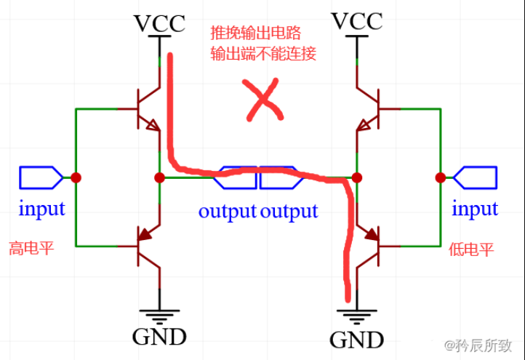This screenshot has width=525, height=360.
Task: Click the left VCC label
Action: [x=159, y=23]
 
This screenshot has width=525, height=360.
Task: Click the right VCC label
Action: [x=356, y=21]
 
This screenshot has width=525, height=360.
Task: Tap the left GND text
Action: [x=159, y=337]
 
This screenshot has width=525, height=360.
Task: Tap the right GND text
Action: [x=356, y=340]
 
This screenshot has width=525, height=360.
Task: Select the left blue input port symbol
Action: [x=41, y=177]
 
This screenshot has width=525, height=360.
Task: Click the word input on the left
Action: [x=41, y=209]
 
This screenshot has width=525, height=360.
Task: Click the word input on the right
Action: [x=475, y=209]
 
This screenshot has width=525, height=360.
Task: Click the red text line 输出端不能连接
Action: [x=263, y=53]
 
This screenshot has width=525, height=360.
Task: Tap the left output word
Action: [x=227, y=211]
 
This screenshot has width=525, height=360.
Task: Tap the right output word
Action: [x=289, y=211]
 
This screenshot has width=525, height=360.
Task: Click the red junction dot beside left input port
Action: [x=76, y=177]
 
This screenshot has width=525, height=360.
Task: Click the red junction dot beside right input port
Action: [x=440, y=177]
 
